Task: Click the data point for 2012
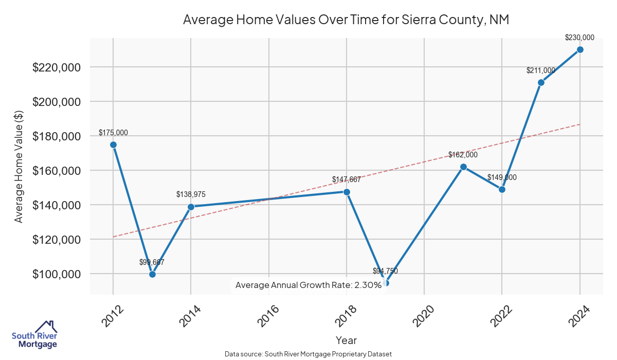[113, 145]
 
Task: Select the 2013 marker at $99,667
[152, 274]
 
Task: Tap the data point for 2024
[580, 49]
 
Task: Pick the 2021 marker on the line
[463, 167]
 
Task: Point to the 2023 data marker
[541, 82]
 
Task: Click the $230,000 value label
[579, 38]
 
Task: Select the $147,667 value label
[346, 180]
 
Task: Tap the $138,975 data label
[191, 194]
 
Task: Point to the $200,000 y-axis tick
[56, 102]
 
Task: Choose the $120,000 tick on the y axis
[56, 240]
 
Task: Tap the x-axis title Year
[346, 340]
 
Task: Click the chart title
[346, 20]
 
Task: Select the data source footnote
[308, 354]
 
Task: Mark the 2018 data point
[347, 192]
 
